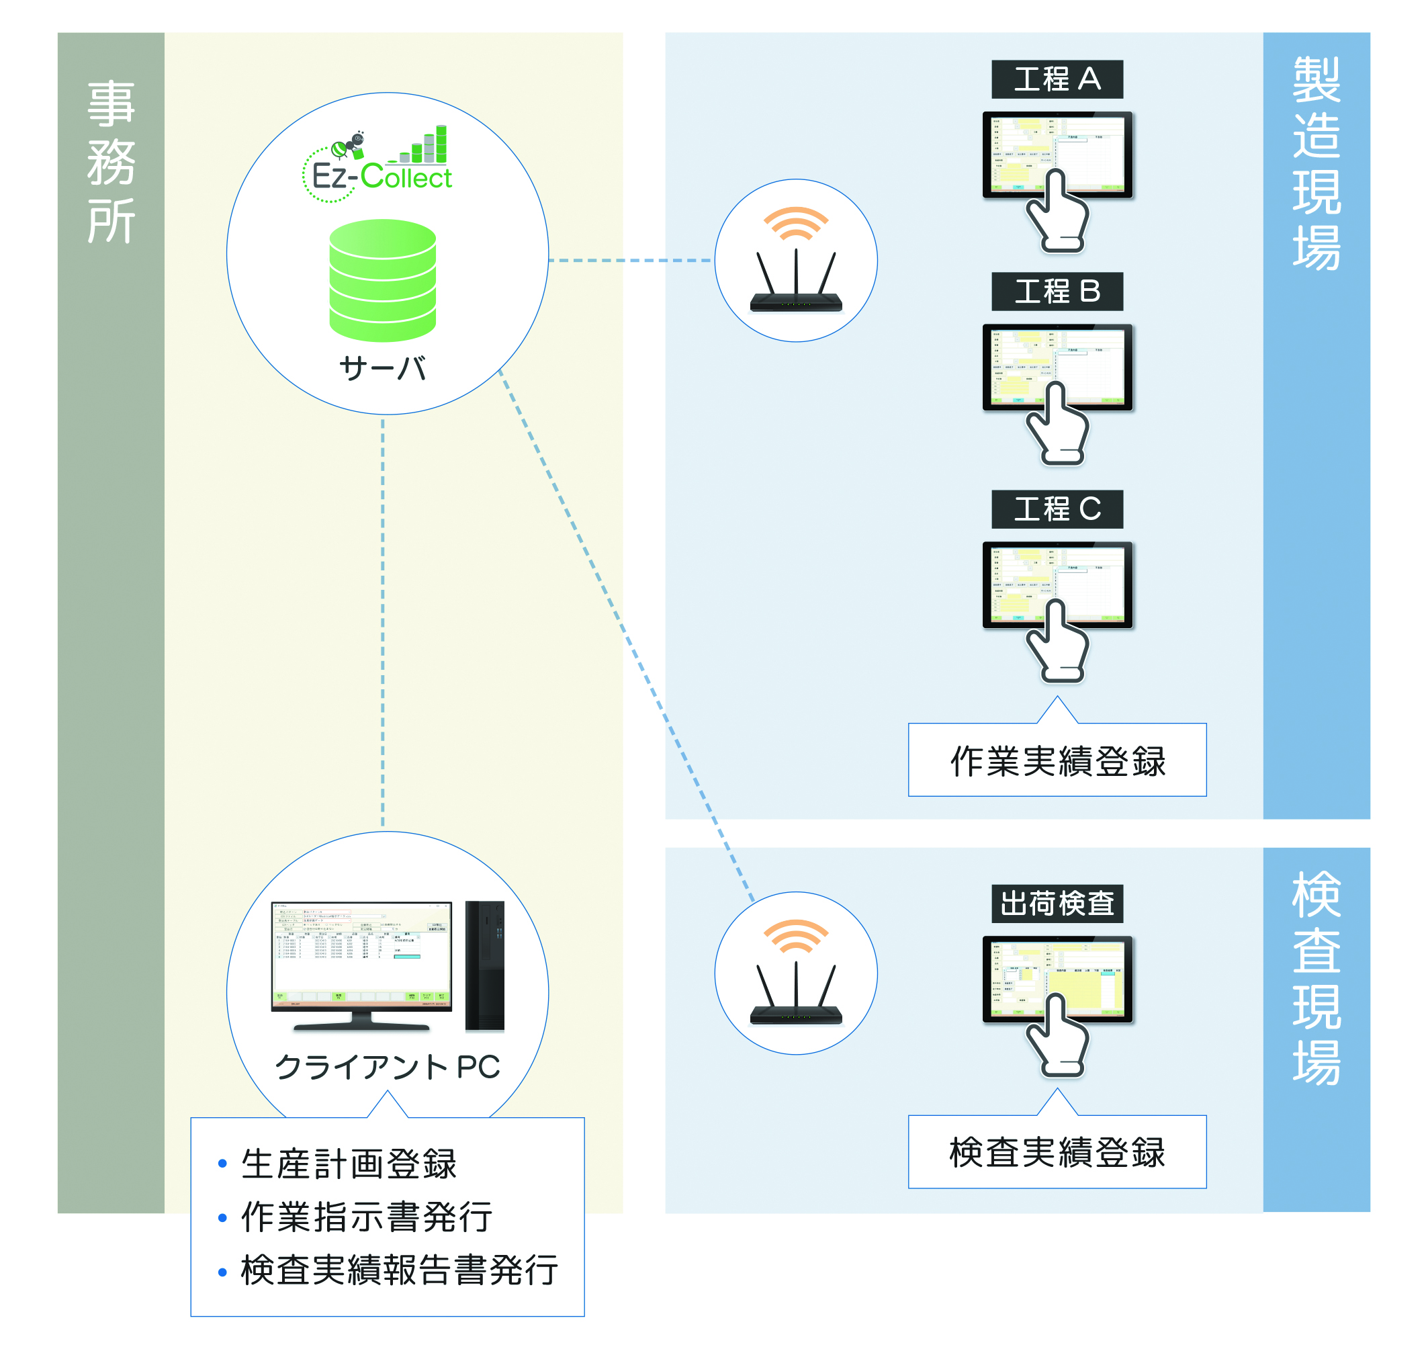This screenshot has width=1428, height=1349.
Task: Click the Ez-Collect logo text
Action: (x=381, y=177)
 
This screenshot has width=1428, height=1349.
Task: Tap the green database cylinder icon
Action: (x=383, y=280)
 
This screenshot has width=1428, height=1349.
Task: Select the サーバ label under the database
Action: (x=383, y=367)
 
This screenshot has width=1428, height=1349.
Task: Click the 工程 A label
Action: (x=1057, y=79)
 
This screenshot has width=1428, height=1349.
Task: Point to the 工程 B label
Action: (x=1057, y=291)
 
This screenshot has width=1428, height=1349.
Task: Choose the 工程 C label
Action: (x=1057, y=509)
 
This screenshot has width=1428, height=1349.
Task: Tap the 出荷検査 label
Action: (x=1057, y=903)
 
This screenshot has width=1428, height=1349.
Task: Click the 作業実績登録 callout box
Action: (x=1057, y=760)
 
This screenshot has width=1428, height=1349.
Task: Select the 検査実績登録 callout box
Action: (x=1057, y=1152)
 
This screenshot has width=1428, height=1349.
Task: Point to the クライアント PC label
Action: (x=387, y=1066)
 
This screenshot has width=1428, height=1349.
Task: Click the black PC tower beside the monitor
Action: (x=485, y=965)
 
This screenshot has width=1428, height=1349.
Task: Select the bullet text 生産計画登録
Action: (x=349, y=1164)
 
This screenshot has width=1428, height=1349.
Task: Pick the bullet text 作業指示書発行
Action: (x=367, y=1217)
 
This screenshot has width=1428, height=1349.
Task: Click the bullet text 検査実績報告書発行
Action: (x=399, y=1270)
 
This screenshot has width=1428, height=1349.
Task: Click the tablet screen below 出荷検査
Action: (x=1057, y=974)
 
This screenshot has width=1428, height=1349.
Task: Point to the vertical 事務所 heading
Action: (x=111, y=162)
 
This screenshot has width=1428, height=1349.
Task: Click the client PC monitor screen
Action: (x=361, y=953)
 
